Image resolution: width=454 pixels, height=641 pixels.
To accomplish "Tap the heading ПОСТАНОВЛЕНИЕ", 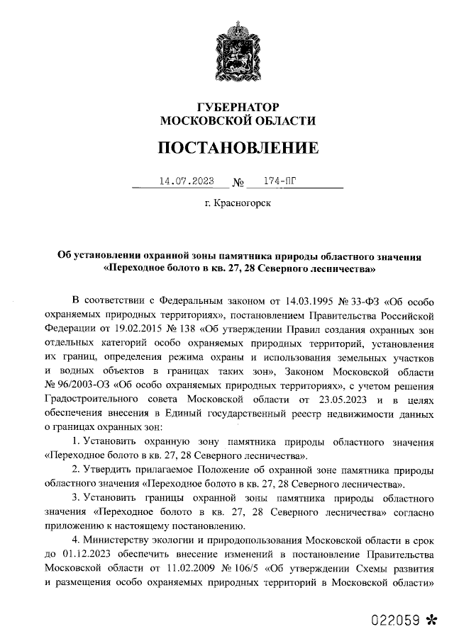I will [x=238, y=148].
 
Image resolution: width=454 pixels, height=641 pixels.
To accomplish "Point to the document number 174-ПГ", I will [x=279, y=181].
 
